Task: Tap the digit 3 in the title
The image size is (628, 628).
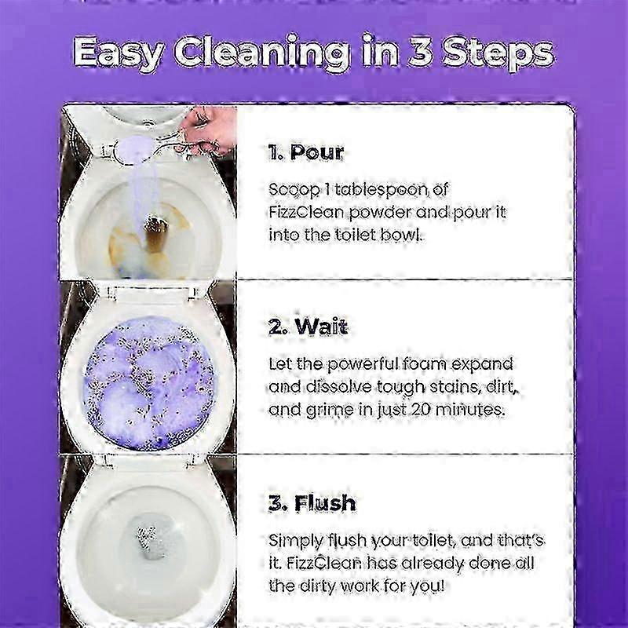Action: [420, 51]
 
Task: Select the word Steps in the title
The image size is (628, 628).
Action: [498, 54]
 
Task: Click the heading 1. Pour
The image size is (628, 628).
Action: [305, 152]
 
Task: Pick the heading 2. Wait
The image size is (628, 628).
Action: [308, 327]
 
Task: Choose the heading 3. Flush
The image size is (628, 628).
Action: [312, 503]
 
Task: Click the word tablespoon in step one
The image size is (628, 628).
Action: [382, 190]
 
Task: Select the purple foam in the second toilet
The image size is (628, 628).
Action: [149, 382]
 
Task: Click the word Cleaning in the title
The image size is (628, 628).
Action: [262, 53]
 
